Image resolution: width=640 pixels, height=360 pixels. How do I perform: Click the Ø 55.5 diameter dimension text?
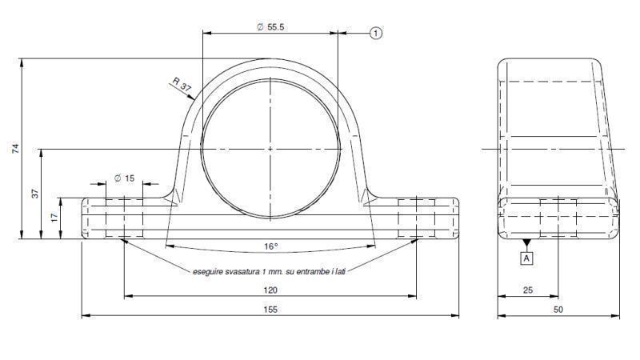click(270, 26)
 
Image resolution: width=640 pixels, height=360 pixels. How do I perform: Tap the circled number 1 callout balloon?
click(376, 33)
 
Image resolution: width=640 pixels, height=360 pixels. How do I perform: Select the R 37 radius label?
click(182, 82)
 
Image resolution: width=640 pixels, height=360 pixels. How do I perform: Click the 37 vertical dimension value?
click(34, 194)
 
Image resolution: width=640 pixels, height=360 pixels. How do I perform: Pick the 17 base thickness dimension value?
click(54, 218)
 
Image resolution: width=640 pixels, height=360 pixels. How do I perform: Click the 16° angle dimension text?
click(270, 246)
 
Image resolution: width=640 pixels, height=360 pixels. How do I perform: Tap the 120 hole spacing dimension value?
click(270, 290)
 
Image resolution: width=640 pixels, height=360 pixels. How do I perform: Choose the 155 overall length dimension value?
click(270, 309)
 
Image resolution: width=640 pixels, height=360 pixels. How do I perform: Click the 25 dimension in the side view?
click(527, 290)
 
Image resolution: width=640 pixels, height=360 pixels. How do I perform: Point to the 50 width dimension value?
click(558, 309)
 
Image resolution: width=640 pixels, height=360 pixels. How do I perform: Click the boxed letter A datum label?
click(526, 258)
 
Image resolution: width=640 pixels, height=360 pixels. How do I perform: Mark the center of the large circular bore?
click(270, 149)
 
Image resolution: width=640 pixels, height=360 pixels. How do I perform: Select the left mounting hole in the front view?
click(123, 218)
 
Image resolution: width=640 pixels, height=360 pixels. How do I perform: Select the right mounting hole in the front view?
click(416, 218)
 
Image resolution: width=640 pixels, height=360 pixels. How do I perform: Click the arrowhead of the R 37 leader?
click(194, 100)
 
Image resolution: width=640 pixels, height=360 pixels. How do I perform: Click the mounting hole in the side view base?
click(558, 218)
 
